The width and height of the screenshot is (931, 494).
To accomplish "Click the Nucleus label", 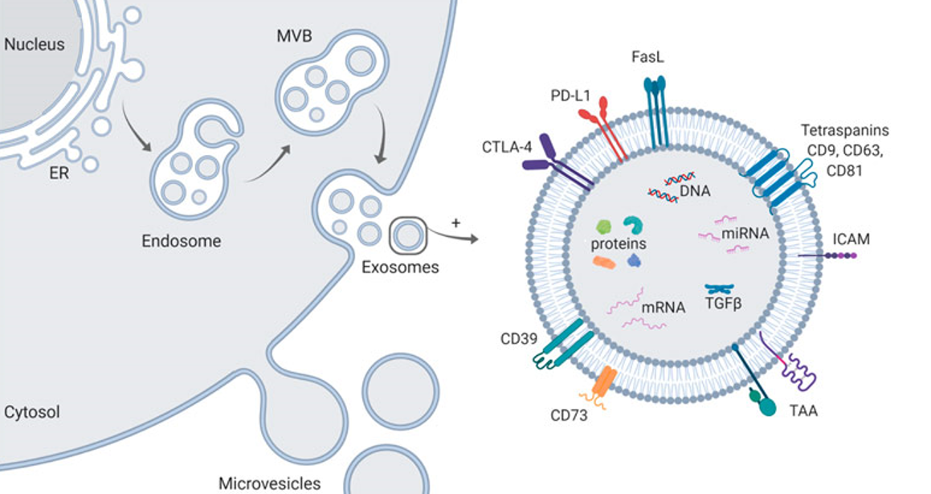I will (34, 45).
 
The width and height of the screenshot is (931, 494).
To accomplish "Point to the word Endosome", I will (181, 240).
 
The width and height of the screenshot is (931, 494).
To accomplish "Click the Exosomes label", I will (400, 267).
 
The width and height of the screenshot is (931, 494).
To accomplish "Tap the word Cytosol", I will (32, 413).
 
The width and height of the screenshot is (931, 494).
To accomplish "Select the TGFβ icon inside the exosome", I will (721, 289).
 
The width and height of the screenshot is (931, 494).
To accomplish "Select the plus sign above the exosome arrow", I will (456, 221).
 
